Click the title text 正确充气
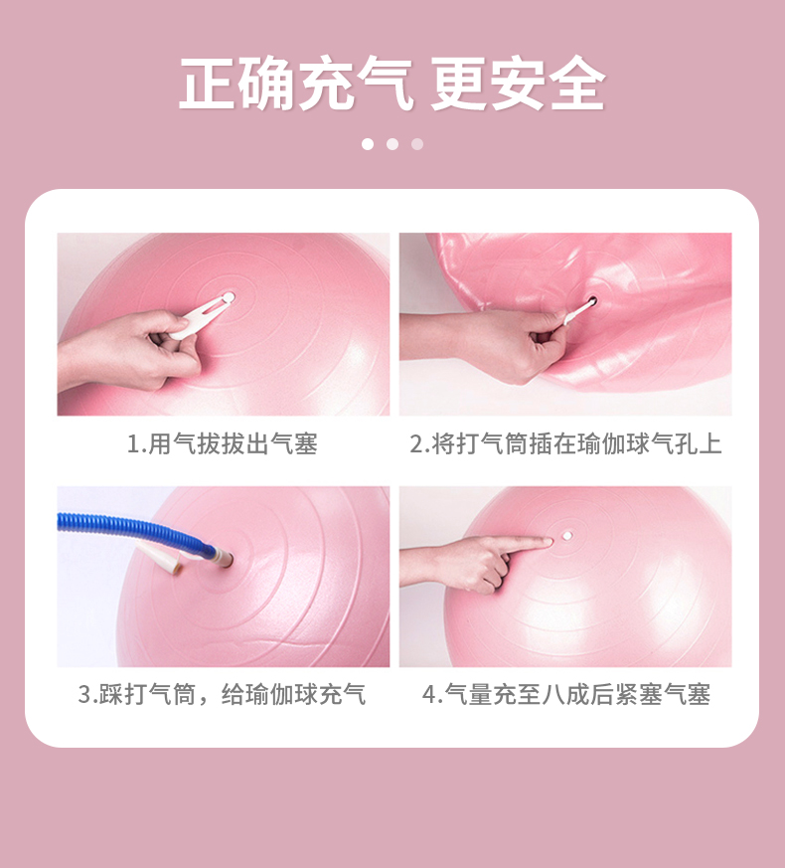click(296, 85)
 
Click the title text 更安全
click(519, 85)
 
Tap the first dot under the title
click(368, 144)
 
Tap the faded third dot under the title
click(417, 144)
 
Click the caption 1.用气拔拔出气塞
click(223, 443)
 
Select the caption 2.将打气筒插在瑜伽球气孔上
click(565, 443)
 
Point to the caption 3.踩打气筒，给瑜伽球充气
click(222, 694)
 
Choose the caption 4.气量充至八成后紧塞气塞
click(566, 694)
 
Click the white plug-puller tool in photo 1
click(203, 316)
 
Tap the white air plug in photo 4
click(567, 536)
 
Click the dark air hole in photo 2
click(592, 302)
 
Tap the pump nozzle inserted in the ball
click(224, 557)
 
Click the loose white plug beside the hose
click(162, 558)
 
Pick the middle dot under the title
click(392, 144)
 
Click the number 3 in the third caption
click(84, 694)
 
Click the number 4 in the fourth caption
click(428, 694)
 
